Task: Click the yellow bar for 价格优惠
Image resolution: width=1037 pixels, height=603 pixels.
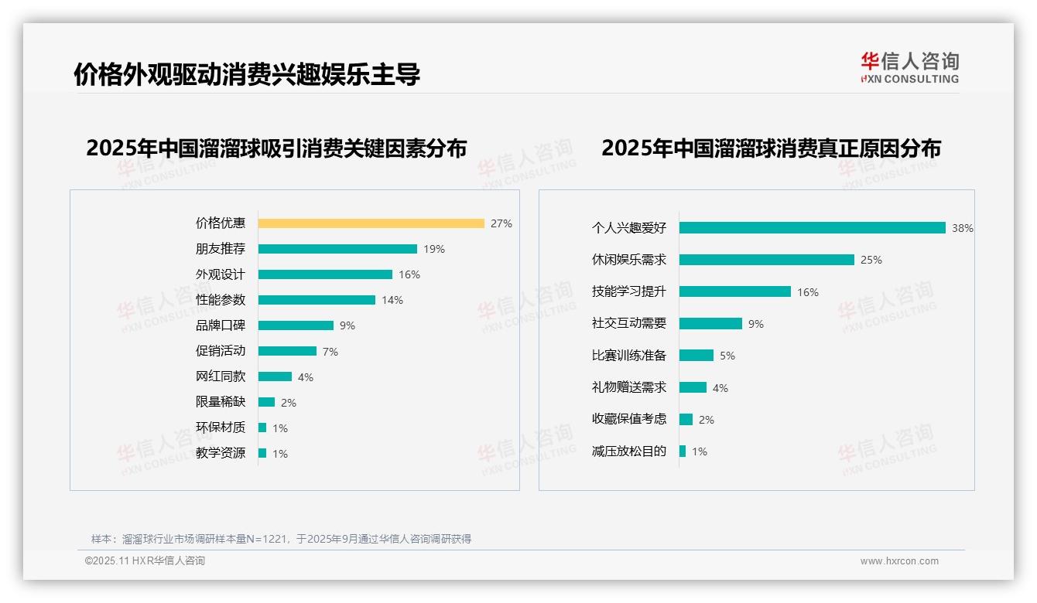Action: (x=371, y=223)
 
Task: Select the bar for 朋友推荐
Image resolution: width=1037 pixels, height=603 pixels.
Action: (x=337, y=249)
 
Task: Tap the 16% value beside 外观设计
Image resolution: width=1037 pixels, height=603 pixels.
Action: (x=409, y=274)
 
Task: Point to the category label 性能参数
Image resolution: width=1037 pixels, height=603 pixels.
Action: (x=221, y=300)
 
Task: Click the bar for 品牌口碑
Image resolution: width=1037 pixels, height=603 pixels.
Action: (x=296, y=325)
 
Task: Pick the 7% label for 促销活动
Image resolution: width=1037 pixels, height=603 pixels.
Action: (x=330, y=352)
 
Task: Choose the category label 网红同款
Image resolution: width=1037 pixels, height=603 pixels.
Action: (x=221, y=376)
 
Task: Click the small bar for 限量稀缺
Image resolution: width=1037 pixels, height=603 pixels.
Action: (x=266, y=402)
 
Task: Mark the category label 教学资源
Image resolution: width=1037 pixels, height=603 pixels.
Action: (x=221, y=453)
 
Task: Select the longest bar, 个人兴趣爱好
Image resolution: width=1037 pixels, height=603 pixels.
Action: (x=813, y=228)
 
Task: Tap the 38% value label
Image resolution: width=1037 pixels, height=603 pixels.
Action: (x=963, y=229)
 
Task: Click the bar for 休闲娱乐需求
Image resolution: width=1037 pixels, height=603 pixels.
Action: (x=767, y=260)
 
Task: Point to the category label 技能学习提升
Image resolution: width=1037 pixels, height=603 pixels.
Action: (x=629, y=291)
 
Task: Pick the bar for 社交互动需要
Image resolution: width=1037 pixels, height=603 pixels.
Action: (x=710, y=324)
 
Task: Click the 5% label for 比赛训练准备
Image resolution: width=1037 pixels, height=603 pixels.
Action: (x=727, y=356)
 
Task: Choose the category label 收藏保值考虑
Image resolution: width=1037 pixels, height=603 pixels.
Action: (x=629, y=419)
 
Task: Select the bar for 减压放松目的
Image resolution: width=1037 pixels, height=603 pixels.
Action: (x=683, y=451)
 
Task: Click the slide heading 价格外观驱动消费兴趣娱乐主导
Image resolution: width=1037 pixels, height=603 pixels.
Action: (x=247, y=74)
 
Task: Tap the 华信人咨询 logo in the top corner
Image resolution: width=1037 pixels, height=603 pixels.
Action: (x=910, y=67)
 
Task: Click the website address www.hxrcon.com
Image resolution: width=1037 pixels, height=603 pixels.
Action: (x=899, y=561)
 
